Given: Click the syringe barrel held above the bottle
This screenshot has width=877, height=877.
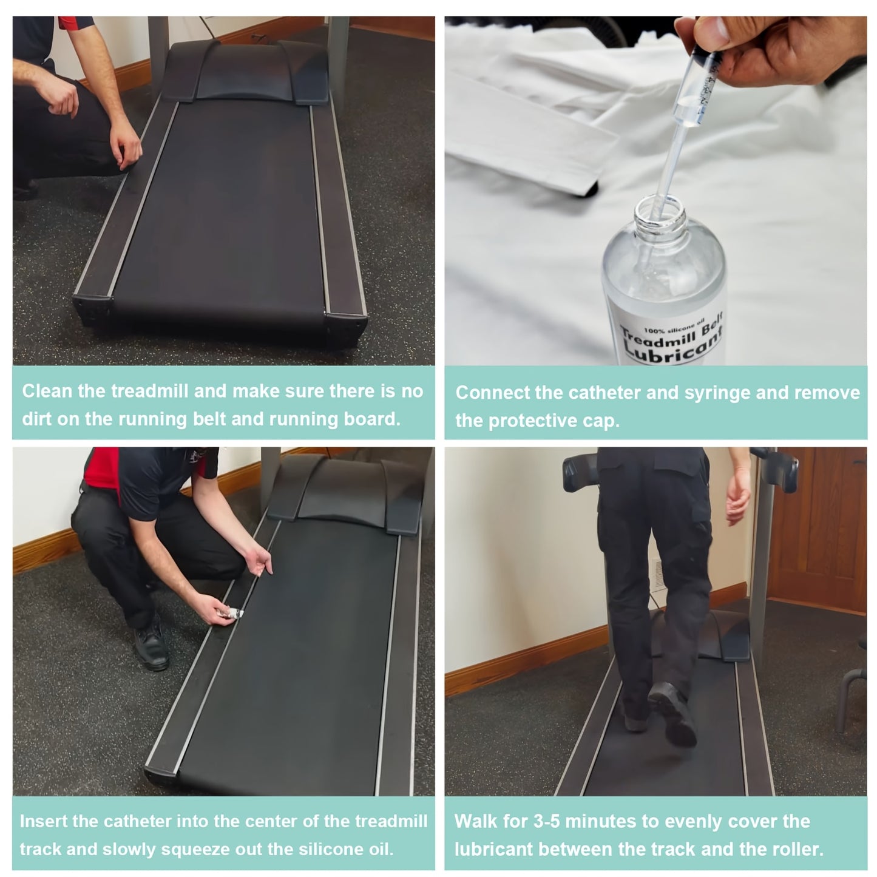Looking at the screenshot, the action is tap(696, 89).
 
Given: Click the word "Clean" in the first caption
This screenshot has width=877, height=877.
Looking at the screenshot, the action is tap(47, 391).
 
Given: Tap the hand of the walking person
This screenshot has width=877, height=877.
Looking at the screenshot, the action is tap(738, 496).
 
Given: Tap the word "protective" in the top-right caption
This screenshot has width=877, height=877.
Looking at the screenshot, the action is tap(532, 421).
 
